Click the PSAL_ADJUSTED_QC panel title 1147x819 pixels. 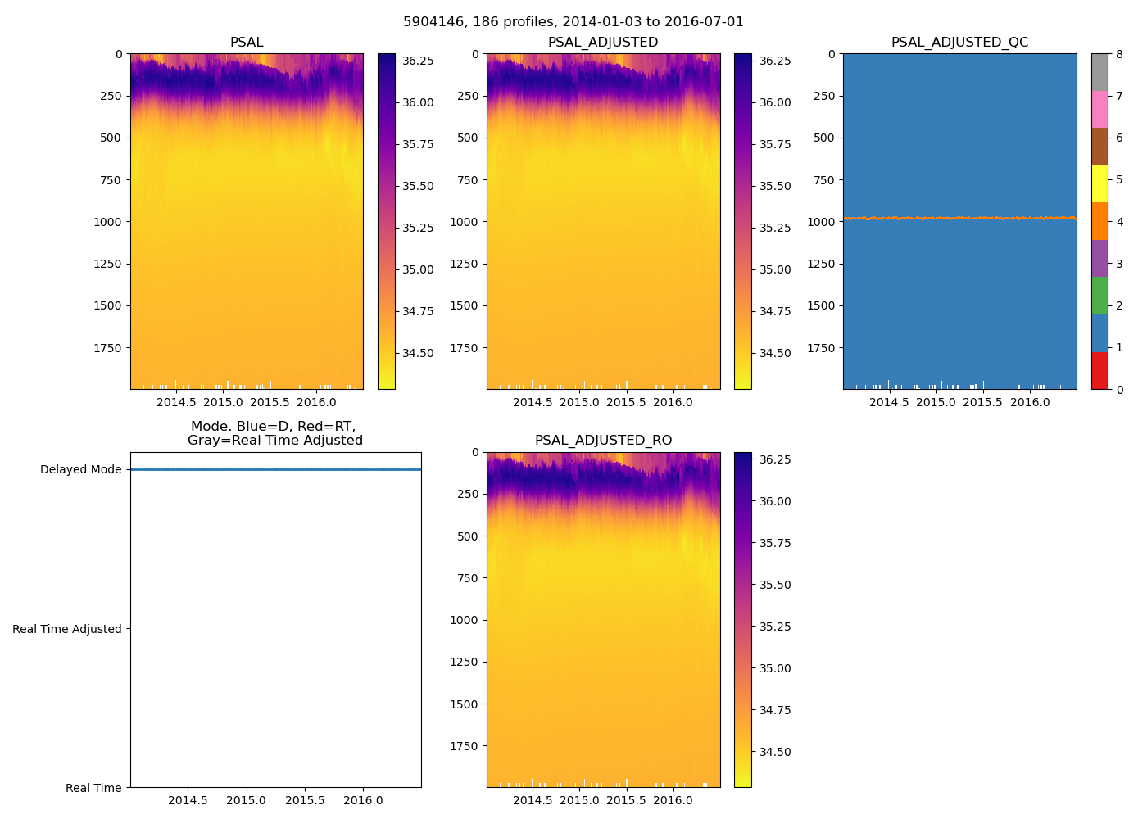pyautogui.click(x=959, y=43)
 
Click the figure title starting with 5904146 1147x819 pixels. pyautogui.click(x=573, y=22)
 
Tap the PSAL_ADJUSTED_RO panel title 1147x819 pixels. pyautogui.click(x=603, y=441)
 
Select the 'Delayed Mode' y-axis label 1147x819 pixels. pyautogui.click(x=80, y=470)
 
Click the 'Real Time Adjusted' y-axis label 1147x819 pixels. pyautogui.click(x=67, y=629)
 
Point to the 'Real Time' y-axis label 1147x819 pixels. pyautogui.click(x=93, y=788)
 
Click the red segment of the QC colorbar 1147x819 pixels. pyautogui.click(x=1099, y=371)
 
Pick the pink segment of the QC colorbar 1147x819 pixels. pyautogui.click(x=1099, y=109)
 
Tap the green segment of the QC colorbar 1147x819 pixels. pyautogui.click(x=1099, y=296)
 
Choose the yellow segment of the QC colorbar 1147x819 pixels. pyautogui.click(x=1099, y=183)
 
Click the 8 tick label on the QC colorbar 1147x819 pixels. pyautogui.click(x=1119, y=54)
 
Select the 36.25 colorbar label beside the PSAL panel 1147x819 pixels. pyautogui.click(x=418, y=61)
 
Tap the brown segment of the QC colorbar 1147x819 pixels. pyautogui.click(x=1099, y=147)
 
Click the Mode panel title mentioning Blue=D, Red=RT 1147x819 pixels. pyautogui.click(x=274, y=433)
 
